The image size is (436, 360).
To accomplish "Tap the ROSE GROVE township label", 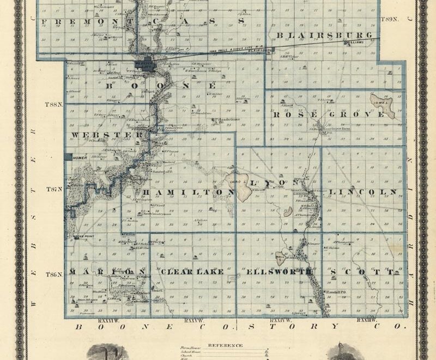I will click(328, 115).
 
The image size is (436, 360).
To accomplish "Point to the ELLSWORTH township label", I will click(280, 271).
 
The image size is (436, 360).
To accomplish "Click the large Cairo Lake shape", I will click(240, 185).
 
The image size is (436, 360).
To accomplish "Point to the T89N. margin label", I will click(389, 19).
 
